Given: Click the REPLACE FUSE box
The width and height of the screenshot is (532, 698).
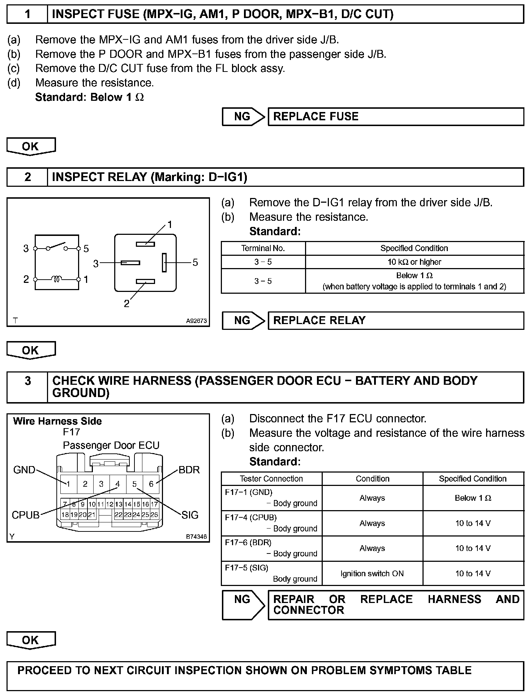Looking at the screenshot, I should pos(395,117).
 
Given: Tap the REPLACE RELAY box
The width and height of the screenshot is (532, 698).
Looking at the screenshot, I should pos(395,320).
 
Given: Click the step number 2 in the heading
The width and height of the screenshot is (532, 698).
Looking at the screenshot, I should pos(27,177).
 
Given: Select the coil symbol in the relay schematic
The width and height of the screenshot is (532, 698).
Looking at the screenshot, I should pos(56,279).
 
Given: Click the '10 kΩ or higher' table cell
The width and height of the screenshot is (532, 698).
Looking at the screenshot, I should pos(414,262).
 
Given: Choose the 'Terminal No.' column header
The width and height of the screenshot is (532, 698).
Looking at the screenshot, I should pos(263,248).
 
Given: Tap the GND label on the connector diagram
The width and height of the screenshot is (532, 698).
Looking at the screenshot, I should pos(24,470).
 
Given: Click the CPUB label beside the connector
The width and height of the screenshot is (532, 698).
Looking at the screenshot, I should pos(25,515).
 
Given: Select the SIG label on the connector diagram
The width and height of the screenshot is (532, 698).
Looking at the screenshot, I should pos(190,515).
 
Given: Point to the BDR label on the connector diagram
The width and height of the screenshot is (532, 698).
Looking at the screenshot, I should pos(189,470).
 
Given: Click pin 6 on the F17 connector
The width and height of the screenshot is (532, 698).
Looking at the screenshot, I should pos(151,484).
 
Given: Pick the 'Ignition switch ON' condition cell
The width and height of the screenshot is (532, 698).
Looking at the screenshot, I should pos(372,573).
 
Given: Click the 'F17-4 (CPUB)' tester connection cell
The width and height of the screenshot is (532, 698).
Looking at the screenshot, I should pos(271,523).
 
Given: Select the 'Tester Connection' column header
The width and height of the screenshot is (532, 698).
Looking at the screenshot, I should pos(271,479).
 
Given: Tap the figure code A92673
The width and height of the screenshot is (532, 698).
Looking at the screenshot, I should pos(196,321).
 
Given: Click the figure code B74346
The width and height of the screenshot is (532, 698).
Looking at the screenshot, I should pos(196,537).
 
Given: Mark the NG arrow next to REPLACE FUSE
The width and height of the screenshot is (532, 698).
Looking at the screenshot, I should pos(243,117).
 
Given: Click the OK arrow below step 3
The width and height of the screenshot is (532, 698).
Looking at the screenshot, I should pos(31,641).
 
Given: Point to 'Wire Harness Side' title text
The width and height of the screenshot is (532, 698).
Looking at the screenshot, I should pos(57,421).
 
